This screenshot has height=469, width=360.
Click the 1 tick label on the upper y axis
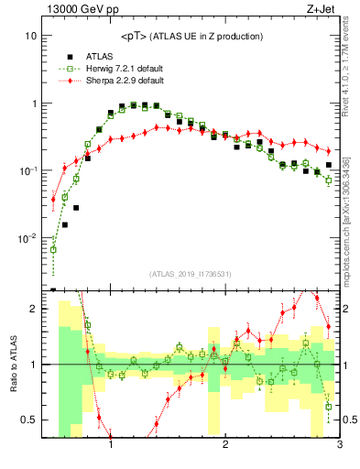[x=34, y=104]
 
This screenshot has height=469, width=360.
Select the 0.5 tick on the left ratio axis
[x=29, y=420]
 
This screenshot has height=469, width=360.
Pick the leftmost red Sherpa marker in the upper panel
[x=54, y=199]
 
